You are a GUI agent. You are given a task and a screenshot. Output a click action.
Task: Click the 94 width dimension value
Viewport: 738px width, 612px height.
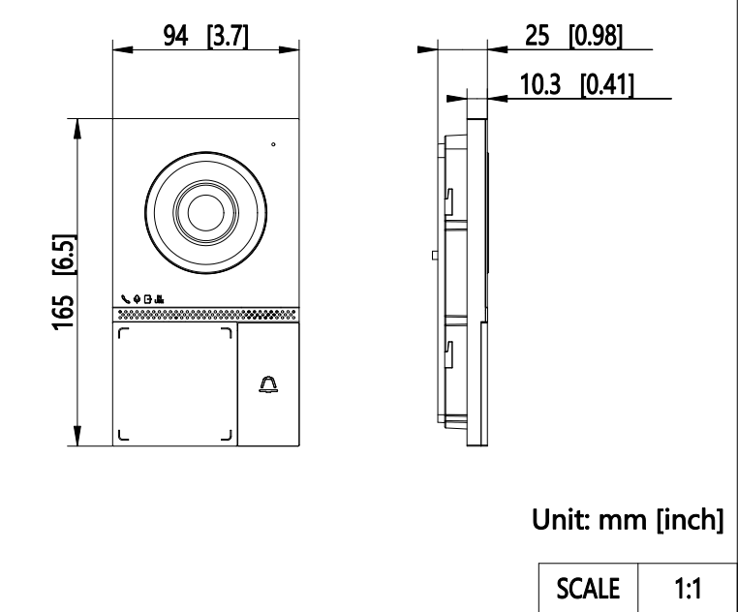[175, 36]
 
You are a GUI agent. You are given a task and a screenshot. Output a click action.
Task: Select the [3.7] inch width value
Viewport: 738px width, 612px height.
[228, 36]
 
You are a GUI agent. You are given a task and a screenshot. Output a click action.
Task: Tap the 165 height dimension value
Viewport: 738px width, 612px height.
[64, 313]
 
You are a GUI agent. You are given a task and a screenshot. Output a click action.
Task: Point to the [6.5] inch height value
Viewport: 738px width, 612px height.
[64, 255]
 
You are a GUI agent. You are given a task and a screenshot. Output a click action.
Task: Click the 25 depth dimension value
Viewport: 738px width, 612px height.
[537, 36]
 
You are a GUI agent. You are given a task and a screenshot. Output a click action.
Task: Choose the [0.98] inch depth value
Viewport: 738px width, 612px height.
[596, 36]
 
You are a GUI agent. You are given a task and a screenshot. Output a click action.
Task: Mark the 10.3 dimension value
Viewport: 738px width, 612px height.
[540, 85]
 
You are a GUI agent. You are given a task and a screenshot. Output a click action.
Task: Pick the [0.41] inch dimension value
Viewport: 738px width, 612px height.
[607, 85]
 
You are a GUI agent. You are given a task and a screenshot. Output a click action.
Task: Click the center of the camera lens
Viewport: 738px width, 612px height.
[205, 212]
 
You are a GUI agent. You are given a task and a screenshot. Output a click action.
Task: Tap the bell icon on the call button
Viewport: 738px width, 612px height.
[268, 384]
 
